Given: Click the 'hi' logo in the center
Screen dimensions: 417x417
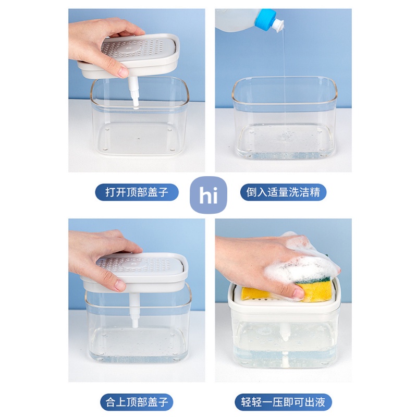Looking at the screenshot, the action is tap(208, 195).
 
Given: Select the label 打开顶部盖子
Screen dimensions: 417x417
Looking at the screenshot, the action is tap(137, 192).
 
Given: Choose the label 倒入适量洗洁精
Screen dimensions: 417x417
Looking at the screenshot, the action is tap(283, 192).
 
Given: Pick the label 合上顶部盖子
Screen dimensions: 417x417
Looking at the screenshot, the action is tap(137, 402).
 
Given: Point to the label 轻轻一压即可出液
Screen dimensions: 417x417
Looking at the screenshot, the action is tap(283, 402).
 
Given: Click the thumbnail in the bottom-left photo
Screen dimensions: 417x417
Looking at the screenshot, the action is tap(120, 285).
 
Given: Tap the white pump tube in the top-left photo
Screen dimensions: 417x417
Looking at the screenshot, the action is tap(133, 92).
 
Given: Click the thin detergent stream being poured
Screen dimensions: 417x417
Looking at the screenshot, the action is tap(284, 80).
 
